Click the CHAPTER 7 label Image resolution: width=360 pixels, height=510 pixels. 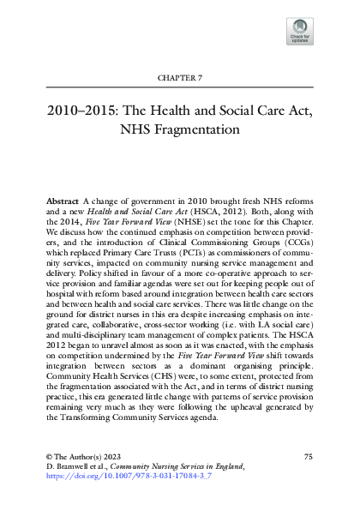coord(179,77)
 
